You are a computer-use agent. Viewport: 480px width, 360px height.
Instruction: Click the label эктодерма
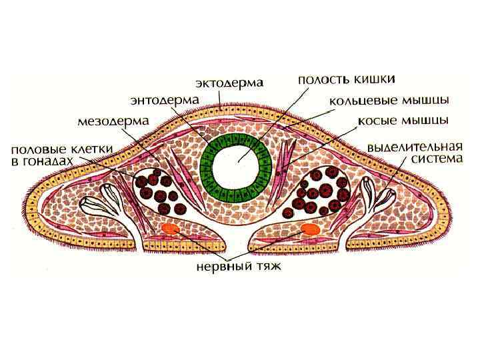tap(229, 83)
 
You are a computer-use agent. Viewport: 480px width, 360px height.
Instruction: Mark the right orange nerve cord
tap(309, 229)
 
